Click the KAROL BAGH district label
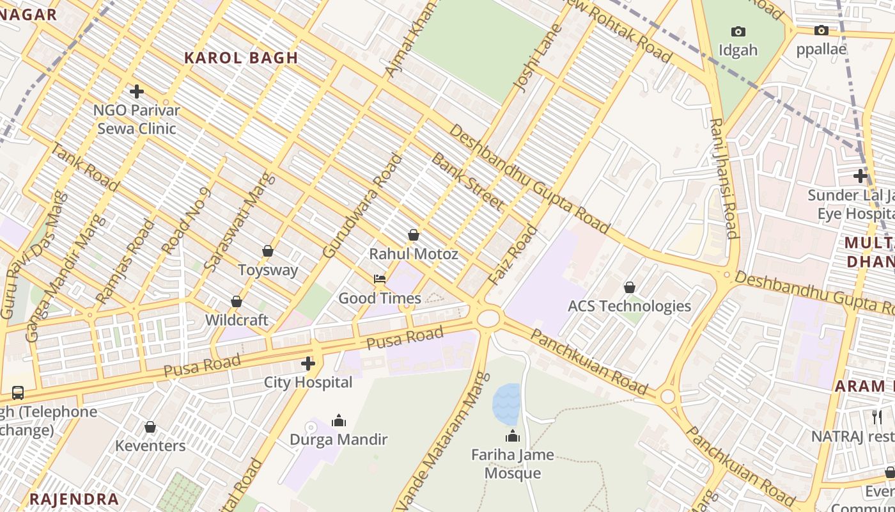click(x=241, y=58)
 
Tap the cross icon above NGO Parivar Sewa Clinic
click(x=136, y=92)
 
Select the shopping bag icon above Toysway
click(x=268, y=251)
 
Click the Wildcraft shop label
click(x=237, y=319)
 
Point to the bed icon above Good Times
click(x=380, y=279)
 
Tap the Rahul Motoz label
click(x=414, y=254)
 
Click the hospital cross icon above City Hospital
click(x=308, y=364)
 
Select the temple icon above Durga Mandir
click(x=339, y=420)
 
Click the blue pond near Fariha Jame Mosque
click(x=506, y=403)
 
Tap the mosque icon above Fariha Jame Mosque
click(x=512, y=436)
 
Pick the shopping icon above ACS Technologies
click(x=630, y=287)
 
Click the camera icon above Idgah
click(x=738, y=31)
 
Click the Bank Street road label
click(x=467, y=182)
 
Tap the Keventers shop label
click(x=150, y=445)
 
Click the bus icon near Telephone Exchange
click(x=18, y=393)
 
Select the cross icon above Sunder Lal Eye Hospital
click(x=860, y=175)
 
